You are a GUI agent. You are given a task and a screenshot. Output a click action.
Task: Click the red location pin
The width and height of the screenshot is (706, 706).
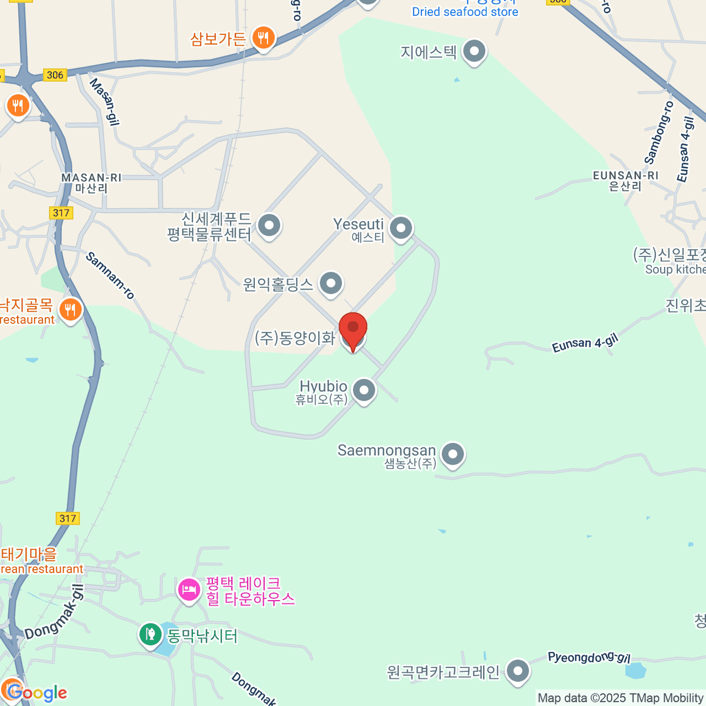coord(353,327)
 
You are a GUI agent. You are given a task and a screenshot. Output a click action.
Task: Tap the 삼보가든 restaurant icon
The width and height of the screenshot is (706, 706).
coord(263,38)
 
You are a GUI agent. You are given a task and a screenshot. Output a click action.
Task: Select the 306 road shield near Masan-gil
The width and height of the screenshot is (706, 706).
coord(55,75)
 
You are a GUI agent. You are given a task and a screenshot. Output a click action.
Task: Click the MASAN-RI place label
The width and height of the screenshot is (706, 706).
coord(91,178)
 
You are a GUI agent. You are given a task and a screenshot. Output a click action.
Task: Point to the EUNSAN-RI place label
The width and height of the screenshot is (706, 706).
coord(625,176)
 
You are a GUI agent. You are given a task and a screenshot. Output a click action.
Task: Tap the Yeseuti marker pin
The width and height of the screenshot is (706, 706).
coord(401,228)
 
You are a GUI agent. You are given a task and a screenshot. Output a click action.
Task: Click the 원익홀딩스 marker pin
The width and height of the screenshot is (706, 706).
coord(331,284)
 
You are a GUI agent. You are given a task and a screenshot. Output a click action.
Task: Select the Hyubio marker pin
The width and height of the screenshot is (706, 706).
coord(364,390)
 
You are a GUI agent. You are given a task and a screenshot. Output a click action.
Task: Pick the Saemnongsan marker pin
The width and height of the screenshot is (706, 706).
coord(453,454)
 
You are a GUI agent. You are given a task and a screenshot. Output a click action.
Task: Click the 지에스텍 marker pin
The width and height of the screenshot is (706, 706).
coord(474,52)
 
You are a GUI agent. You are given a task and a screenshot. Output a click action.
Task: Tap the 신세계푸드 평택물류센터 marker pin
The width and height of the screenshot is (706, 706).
coord(269,225)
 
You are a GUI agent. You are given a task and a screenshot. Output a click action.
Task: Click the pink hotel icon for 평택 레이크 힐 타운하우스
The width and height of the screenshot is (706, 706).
coord(189,589)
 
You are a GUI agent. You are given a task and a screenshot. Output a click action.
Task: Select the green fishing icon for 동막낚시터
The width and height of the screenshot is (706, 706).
coord(150,634)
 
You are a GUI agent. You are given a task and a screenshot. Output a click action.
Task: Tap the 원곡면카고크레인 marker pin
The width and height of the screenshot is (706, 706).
coord(518,671)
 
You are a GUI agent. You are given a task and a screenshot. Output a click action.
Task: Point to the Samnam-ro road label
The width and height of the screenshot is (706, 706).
coord(110,275)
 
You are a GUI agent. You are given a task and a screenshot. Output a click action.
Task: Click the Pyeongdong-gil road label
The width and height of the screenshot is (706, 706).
coord(588,657)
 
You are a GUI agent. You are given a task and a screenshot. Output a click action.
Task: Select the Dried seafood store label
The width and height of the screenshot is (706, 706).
coord(465,12)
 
